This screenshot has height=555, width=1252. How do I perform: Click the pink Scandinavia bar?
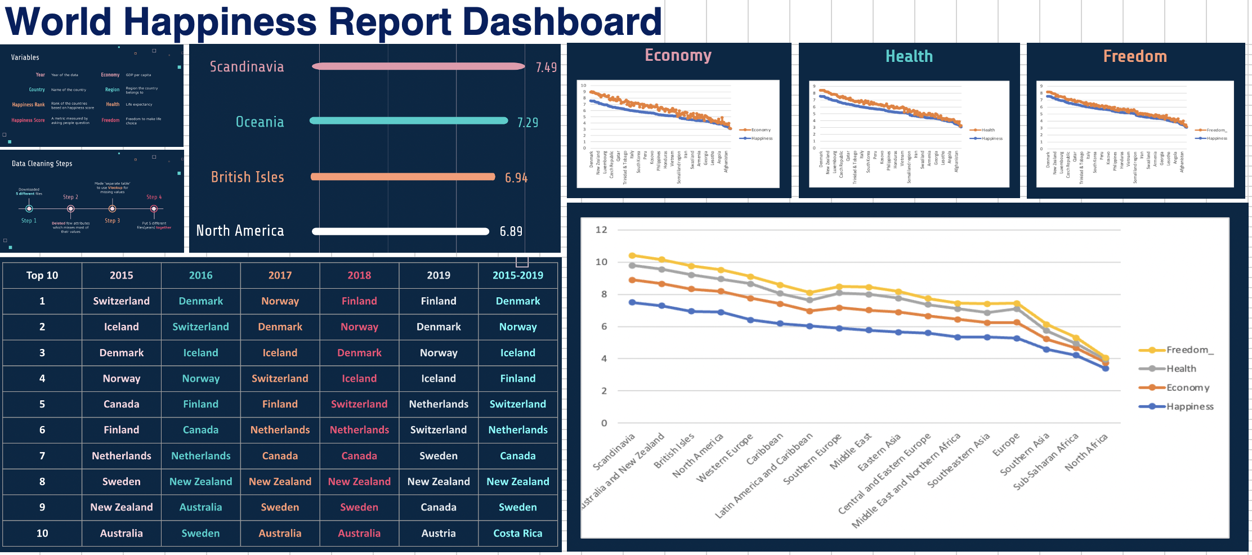418,66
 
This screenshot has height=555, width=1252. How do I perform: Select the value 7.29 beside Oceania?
527,122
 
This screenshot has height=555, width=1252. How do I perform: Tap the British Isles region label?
247,177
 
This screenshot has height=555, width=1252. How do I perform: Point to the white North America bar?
400,231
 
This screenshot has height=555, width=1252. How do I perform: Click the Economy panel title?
678,55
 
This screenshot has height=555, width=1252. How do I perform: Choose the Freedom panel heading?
1134,56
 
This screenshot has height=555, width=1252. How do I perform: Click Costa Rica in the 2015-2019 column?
517,533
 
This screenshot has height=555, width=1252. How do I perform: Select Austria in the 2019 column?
438,533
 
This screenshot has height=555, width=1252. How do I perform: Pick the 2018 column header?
359,275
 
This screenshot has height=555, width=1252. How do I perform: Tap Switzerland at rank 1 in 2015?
121,301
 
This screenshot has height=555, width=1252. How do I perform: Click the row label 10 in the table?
42,533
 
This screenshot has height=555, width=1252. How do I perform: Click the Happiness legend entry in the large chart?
1189,406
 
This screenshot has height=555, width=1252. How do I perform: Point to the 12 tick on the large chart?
601,230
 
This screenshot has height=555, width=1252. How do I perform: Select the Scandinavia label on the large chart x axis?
614,451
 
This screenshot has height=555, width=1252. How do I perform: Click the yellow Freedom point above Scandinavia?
632,256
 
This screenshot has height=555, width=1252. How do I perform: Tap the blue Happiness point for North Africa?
1105,368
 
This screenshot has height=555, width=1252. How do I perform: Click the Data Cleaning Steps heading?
42,164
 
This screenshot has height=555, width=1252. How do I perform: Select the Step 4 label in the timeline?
154,197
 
